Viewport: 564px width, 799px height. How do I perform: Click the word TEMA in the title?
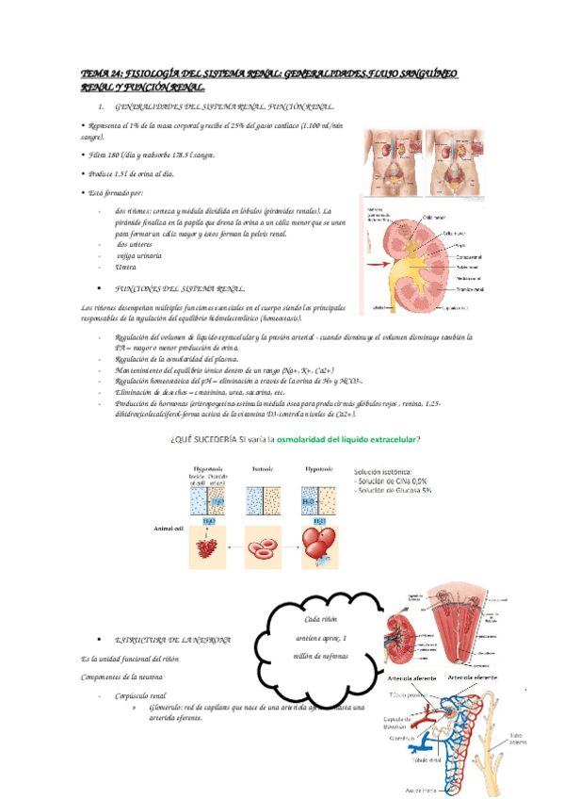(96, 72)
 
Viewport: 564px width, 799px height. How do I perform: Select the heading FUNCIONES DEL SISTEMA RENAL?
(178, 288)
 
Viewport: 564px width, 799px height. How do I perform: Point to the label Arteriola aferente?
(405, 677)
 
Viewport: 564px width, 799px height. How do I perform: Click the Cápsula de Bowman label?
(397, 724)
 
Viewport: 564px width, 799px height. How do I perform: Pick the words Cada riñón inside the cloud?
(321, 618)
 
